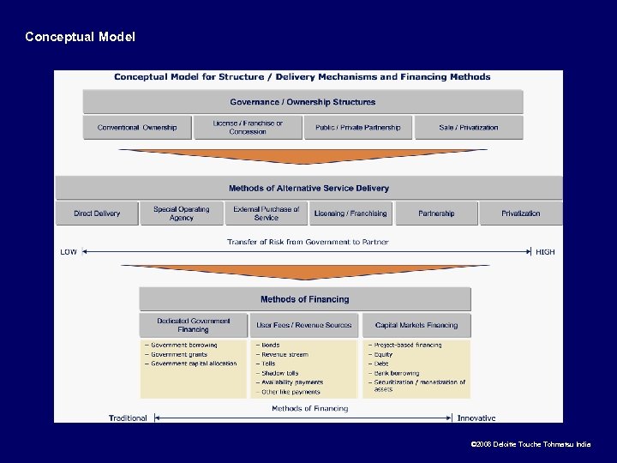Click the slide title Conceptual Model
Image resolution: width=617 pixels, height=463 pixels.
click(80, 37)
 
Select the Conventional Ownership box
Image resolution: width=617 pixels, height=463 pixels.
click(137, 128)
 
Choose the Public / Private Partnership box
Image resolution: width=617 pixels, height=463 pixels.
click(357, 128)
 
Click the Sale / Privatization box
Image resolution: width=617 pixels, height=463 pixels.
click(468, 128)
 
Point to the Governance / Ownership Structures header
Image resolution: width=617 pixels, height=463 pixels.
click(303, 102)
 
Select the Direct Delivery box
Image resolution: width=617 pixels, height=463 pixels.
click(97, 213)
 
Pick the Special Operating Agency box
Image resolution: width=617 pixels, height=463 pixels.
click(182, 213)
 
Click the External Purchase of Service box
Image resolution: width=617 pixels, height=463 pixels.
click(267, 213)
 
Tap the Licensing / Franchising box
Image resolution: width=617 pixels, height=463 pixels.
click(350, 213)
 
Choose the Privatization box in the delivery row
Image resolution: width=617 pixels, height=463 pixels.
click(520, 213)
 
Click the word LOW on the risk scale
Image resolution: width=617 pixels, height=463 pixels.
click(69, 252)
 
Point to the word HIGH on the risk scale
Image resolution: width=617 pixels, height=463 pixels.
click(545, 252)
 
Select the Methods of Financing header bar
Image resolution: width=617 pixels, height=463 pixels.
click(305, 299)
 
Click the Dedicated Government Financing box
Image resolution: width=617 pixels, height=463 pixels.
click(194, 325)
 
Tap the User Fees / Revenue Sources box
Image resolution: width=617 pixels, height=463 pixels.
click(304, 325)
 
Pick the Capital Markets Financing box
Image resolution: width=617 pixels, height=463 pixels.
click(416, 325)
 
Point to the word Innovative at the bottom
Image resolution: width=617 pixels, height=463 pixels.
click(476, 418)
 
